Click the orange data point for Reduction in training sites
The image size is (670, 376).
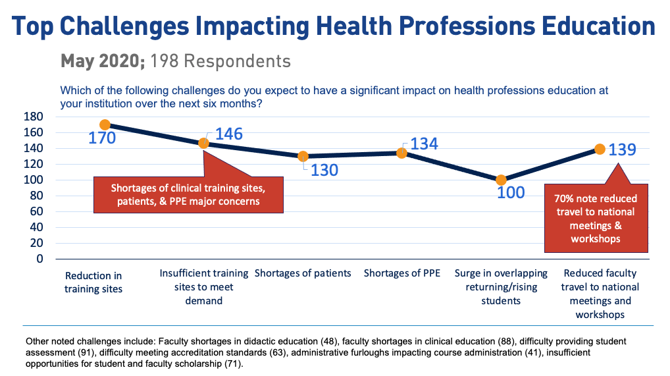click(105, 124)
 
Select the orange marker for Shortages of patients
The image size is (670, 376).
click(303, 157)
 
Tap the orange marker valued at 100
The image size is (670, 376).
click(501, 180)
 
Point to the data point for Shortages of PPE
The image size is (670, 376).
click(401, 153)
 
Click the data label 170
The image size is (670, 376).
click(102, 138)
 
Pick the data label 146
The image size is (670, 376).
click(228, 134)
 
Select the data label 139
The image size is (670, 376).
click(622, 150)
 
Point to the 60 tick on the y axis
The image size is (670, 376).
click(36, 211)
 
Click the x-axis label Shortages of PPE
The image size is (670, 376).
click(401, 273)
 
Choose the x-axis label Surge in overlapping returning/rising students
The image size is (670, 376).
click(501, 287)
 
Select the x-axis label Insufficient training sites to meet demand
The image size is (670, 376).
click(204, 287)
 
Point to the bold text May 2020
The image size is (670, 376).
click(103, 61)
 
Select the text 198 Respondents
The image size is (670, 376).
click(220, 61)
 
